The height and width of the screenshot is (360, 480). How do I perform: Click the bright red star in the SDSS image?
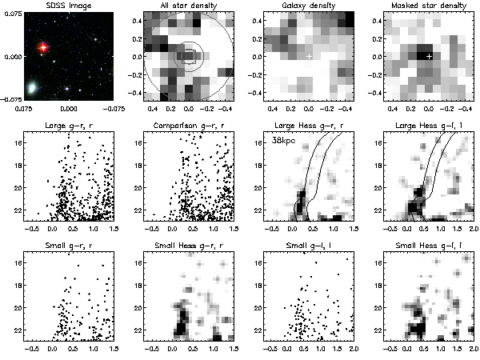(42, 47)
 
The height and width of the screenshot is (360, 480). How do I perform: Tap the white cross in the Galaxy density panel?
(309, 56)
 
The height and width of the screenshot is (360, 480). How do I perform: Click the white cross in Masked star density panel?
(429, 56)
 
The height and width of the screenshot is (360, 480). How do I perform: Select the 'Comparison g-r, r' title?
(188, 126)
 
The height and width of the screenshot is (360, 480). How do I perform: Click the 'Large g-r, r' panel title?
(68, 126)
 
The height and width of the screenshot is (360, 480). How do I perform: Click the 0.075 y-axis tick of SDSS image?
(13, 15)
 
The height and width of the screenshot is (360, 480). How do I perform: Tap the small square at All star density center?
(189, 56)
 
